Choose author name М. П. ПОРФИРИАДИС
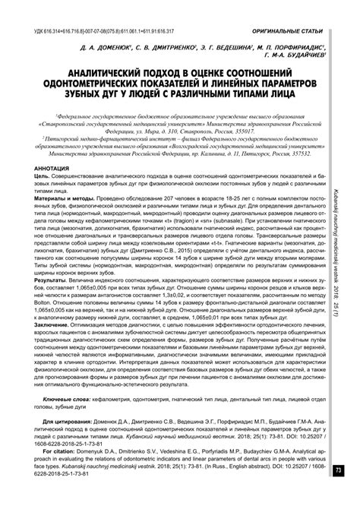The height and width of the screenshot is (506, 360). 292,46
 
